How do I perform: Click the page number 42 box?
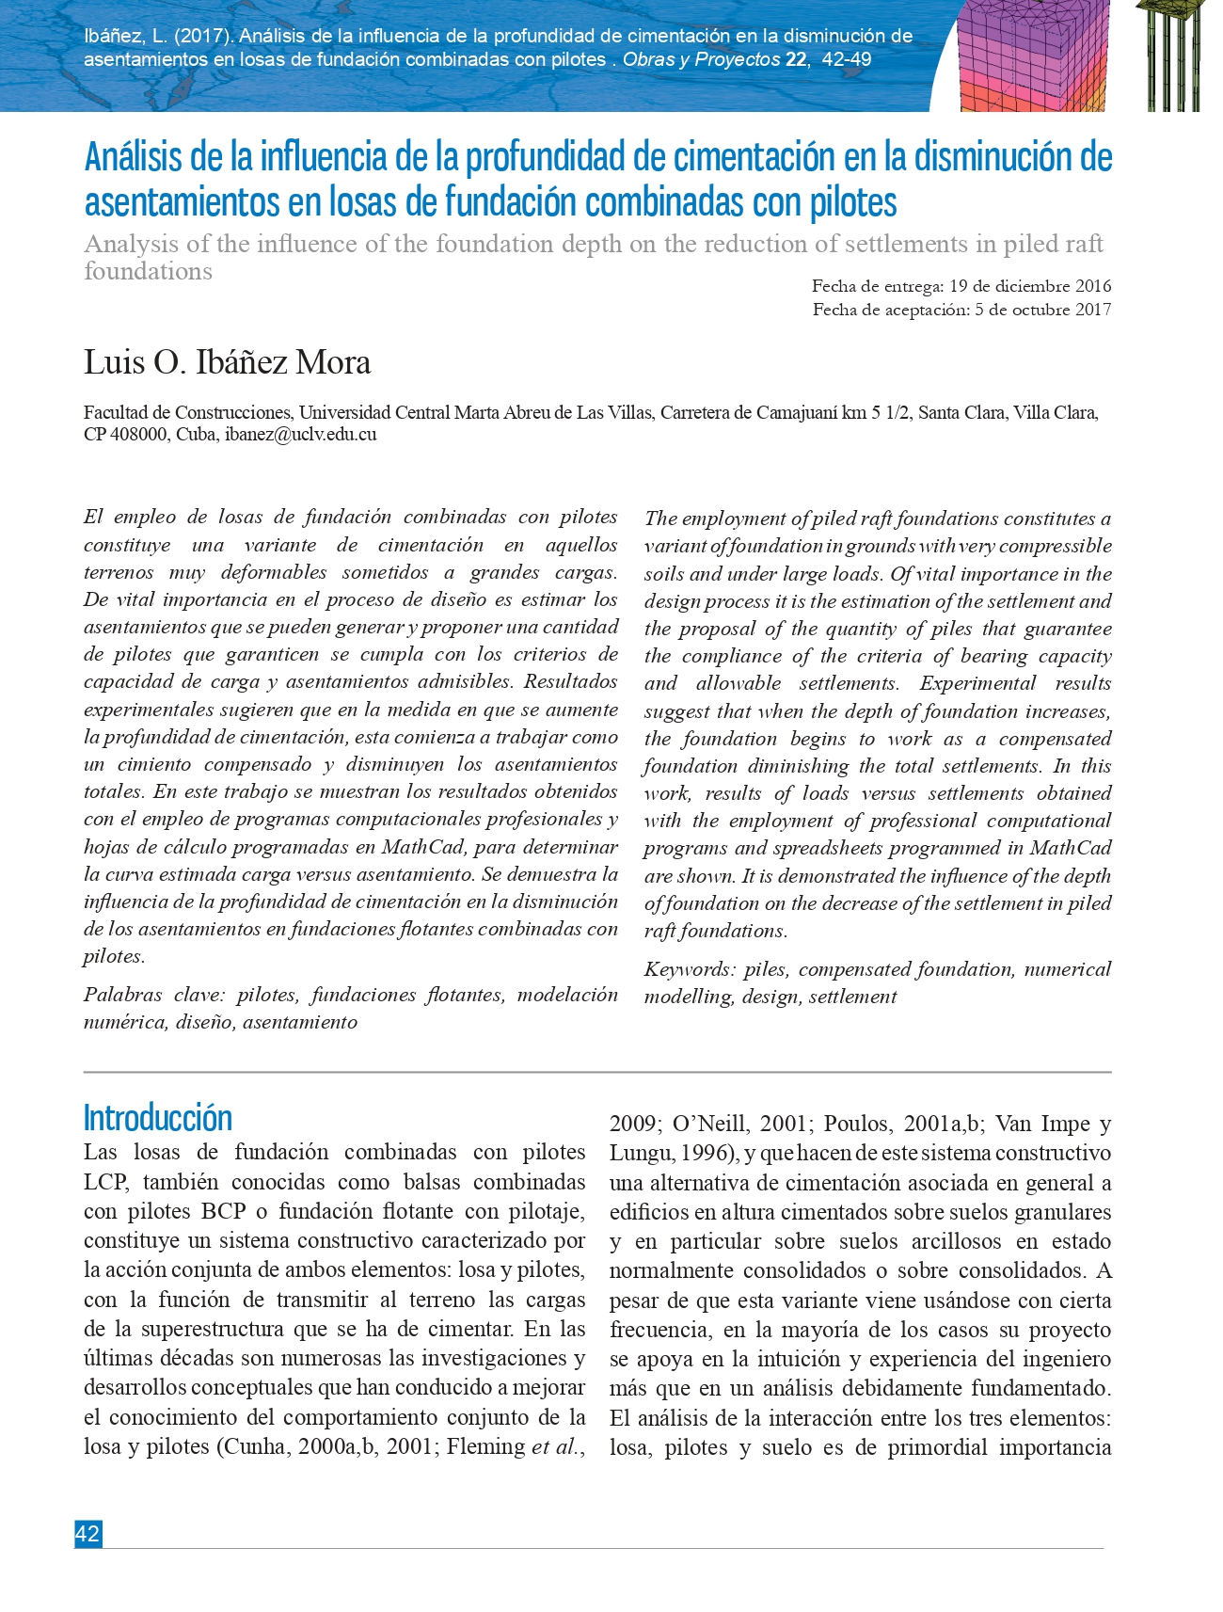coord(87,1534)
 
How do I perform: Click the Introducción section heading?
coord(157,1118)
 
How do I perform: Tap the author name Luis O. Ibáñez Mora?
coord(227,362)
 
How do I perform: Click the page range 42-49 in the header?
coord(846,59)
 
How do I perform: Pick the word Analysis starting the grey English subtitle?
coord(131,245)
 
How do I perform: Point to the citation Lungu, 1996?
coord(672,1153)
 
